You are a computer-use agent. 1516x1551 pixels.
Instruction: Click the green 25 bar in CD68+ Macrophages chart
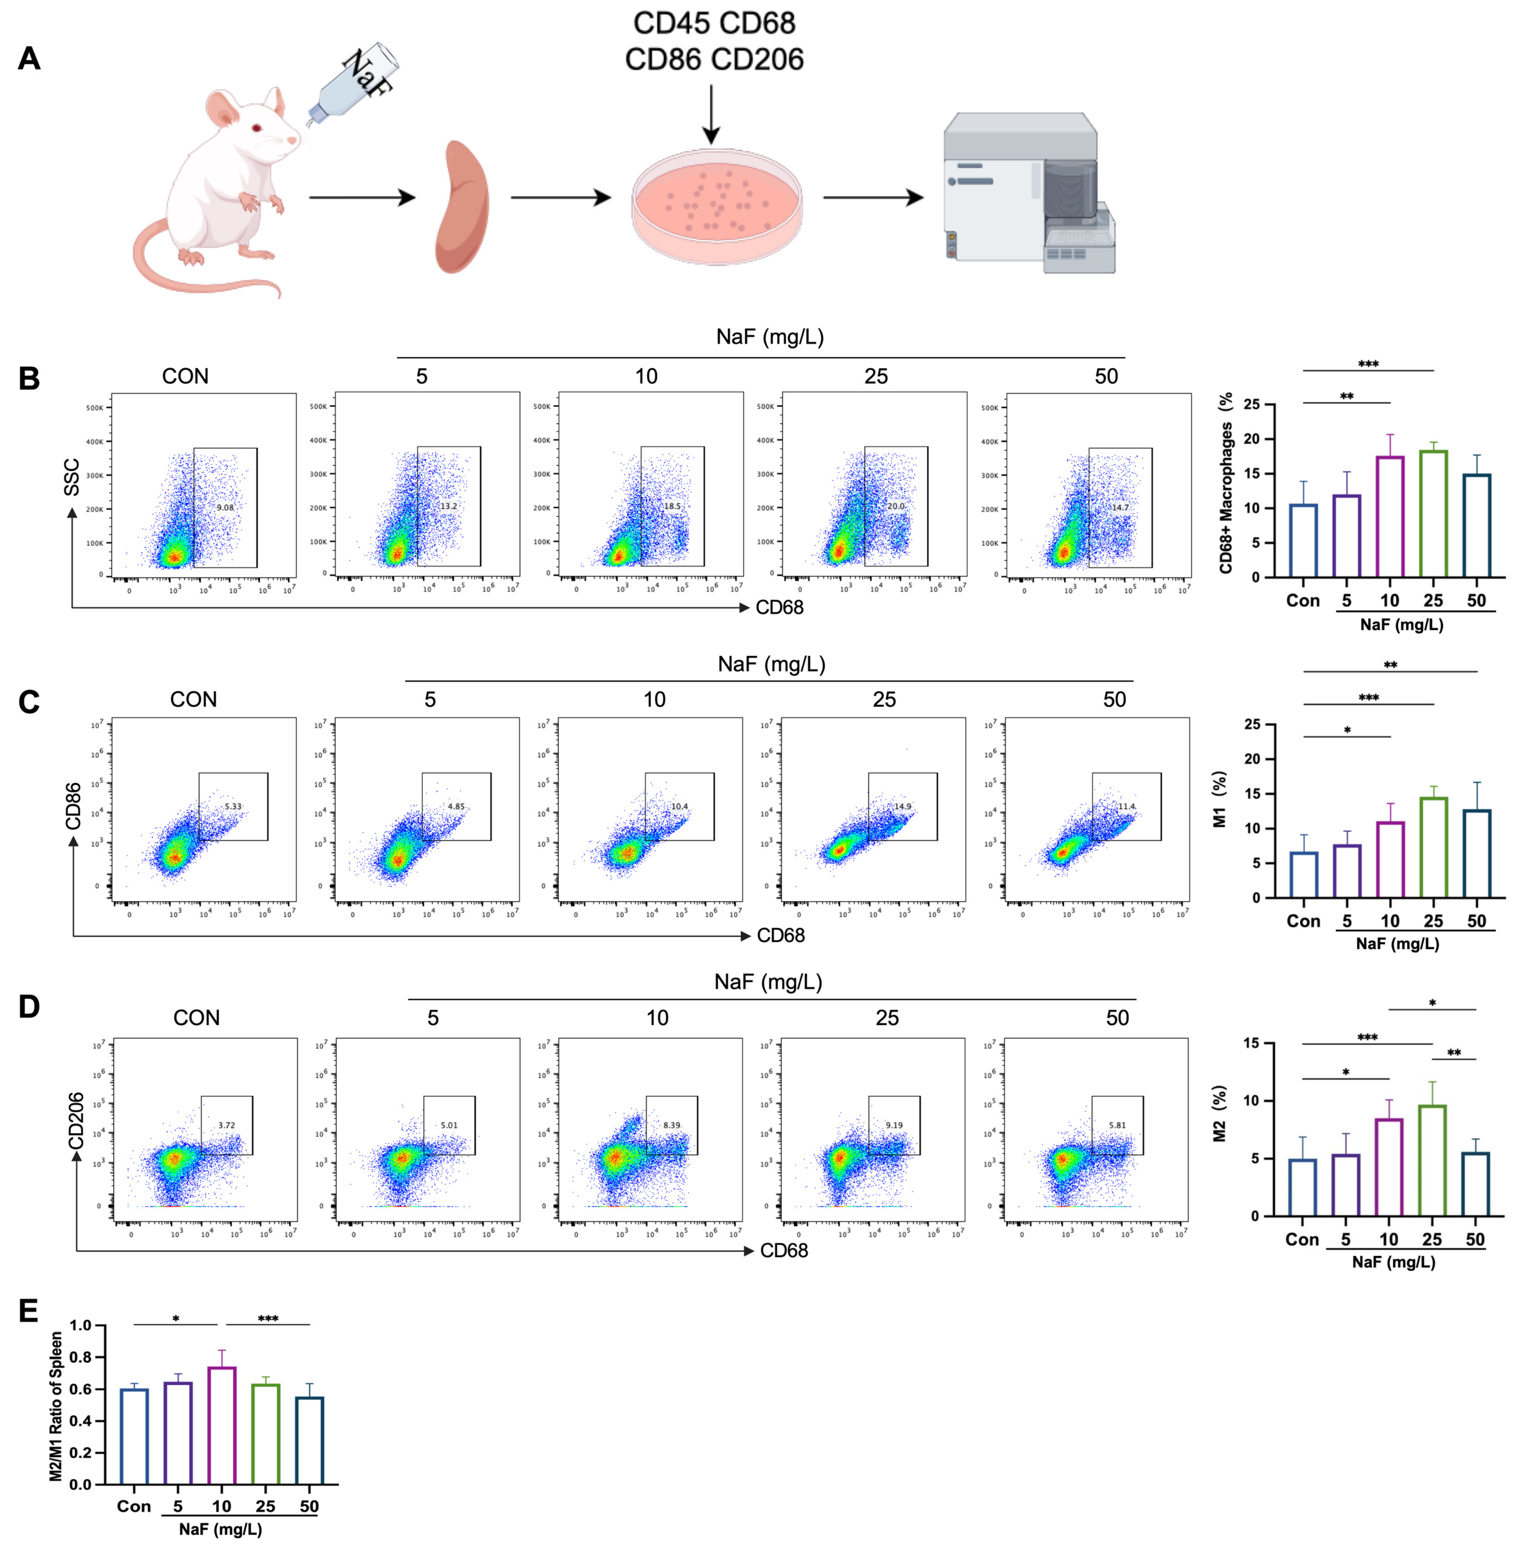point(1433,514)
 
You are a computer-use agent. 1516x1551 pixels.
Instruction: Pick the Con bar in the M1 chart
point(1303,874)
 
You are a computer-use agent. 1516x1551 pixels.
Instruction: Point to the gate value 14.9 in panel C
point(902,807)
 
